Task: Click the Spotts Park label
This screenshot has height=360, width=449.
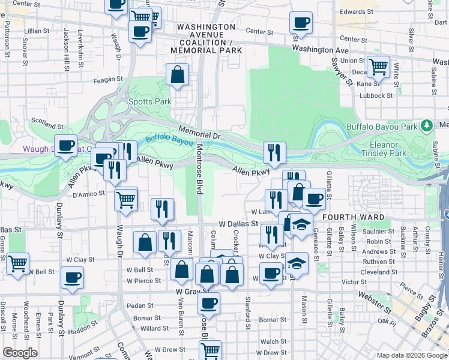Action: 150,102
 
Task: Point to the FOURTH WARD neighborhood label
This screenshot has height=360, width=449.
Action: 349,217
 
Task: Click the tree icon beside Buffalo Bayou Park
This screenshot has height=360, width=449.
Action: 427,126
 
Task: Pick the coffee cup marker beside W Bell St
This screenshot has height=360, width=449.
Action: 73,278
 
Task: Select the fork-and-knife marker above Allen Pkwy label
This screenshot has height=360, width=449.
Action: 274,153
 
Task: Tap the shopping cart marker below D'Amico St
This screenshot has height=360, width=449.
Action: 125,199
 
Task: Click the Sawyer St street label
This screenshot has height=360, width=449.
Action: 341,71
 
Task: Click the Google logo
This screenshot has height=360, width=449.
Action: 20,353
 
